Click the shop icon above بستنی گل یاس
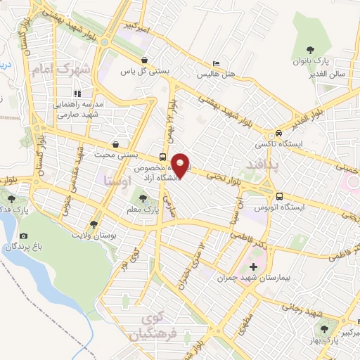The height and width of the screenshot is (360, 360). click(144, 60)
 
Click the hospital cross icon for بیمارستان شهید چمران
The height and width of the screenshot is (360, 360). click(253, 266)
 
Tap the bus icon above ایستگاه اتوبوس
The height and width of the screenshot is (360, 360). click(280, 197)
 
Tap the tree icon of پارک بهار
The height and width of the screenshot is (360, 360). click(325, 328)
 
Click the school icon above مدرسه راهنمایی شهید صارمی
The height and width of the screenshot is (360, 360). click(77, 92)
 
